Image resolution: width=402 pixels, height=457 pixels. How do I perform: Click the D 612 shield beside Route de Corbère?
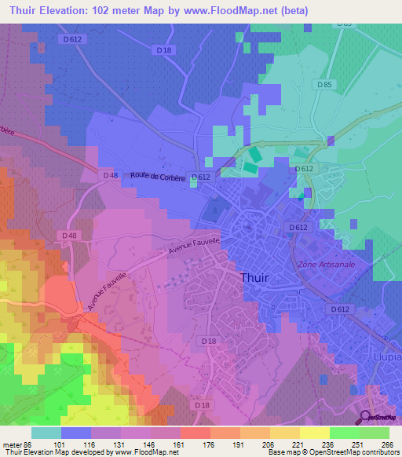pos(203,177)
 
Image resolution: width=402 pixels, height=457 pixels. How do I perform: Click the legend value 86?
pos(28,444)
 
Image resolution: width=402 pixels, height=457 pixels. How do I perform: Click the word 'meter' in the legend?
pos(11,444)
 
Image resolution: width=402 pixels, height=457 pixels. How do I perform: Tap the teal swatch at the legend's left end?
pos(46,433)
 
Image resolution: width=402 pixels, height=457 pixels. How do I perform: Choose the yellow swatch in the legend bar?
pos(313,433)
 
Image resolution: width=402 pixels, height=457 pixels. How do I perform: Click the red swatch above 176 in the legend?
pos(196,433)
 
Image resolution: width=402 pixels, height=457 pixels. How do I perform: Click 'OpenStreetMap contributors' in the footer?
pos(356,453)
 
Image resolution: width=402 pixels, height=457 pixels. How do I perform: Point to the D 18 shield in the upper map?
pos(163,50)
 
